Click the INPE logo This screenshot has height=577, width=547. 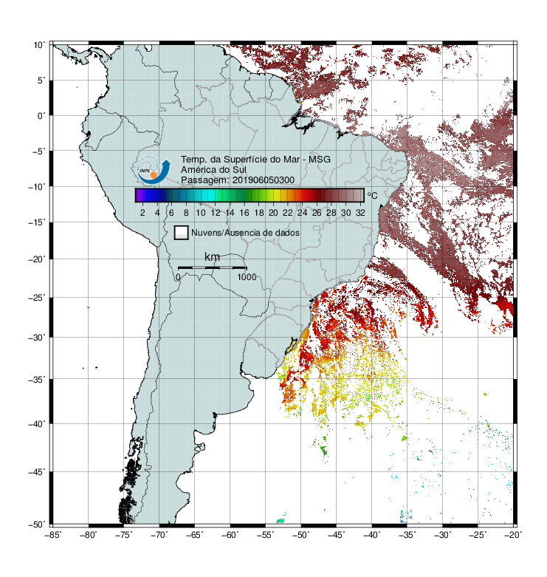tap(154, 170)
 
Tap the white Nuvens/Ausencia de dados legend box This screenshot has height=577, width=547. tap(182, 233)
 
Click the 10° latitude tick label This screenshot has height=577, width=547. tap(39, 45)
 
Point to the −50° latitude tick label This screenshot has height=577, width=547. tap(37, 525)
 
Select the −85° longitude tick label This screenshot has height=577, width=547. tap(52, 535)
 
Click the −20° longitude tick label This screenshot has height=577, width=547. tap(513, 535)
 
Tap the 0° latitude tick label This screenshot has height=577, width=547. tap(41, 116)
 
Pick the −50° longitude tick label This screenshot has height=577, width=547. tap(300, 535)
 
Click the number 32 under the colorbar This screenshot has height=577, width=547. tap(360, 213)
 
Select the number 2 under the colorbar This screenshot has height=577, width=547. tap(142, 213)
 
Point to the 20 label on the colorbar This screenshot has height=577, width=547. tap(273, 213)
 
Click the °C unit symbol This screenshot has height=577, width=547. tap(372, 195)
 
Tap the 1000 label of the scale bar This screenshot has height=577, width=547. tap(247, 277)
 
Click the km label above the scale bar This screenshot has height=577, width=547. tap(212, 256)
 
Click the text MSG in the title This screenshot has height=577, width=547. tap(320, 160)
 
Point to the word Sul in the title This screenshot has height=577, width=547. tap(239, 170)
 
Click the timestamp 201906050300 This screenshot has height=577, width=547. tap(264, 180)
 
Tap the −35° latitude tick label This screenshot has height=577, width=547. tap(37, 380)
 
